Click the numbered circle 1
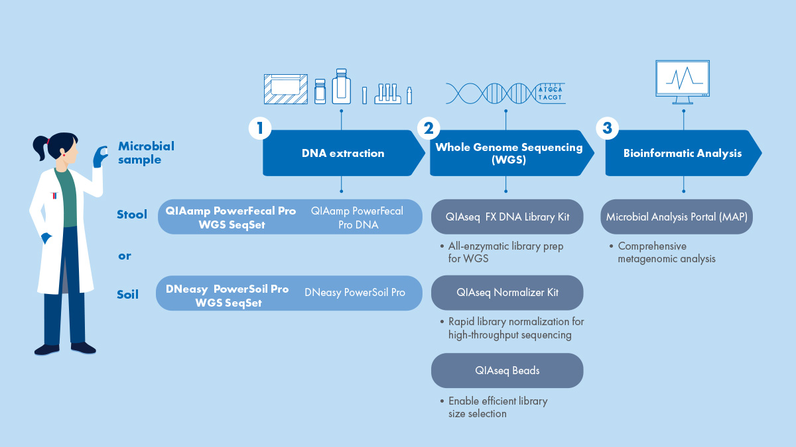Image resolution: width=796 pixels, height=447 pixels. click(x=261, y=128)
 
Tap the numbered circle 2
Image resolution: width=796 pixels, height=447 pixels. click(x=429, y=128)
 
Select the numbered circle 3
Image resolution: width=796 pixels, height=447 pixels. click(x=607, y=128)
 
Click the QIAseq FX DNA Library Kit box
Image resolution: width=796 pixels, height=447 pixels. click(x=507, y=217)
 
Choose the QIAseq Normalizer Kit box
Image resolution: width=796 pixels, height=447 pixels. click(x=507, y=292)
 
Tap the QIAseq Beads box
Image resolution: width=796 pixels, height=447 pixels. click(x=507, y=370)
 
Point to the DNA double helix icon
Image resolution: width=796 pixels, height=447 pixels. click(x=491, y=92)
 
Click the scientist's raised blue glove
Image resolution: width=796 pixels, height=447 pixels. click(x=101, y=157)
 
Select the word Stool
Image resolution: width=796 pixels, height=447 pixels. click(x=132, y=214)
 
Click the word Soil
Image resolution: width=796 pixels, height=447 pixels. click(x=127, y=294)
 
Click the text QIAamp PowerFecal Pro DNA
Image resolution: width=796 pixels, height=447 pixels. click(x=357, y=217)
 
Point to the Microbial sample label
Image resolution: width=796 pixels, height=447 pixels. click(x=145, y=152)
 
